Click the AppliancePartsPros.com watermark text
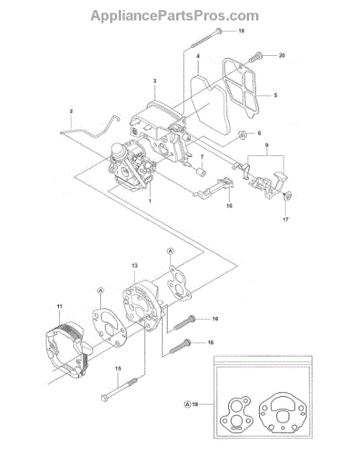175,16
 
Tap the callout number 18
241,31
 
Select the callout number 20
282,55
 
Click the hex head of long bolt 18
218,31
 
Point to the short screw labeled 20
255,57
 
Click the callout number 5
275,96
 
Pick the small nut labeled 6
243,136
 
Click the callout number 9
267,145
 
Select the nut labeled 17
287,195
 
